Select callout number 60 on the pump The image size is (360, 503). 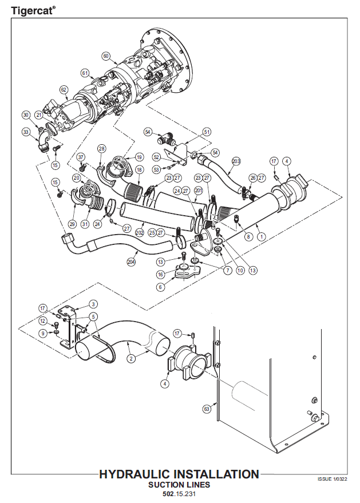click(106, 56)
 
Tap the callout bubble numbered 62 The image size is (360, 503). click(64, 90)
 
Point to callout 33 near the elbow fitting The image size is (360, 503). click(26, 132)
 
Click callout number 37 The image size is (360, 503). click(81, 157)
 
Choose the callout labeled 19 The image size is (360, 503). click(139, 157)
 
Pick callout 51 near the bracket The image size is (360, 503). click(207, 131)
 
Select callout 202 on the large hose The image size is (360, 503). click(139, 233)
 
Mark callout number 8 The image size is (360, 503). click(248, 236)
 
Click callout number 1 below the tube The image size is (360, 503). click(261, 236)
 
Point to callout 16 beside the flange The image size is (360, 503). click(161, 275)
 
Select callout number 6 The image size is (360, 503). click(161, 287)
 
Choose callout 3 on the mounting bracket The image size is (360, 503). click(93, 304)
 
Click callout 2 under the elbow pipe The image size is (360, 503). click(131, 359)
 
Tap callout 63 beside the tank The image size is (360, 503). click(207, 409)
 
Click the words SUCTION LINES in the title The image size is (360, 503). click(179, 485)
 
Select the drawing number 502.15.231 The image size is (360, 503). click(179, 493)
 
